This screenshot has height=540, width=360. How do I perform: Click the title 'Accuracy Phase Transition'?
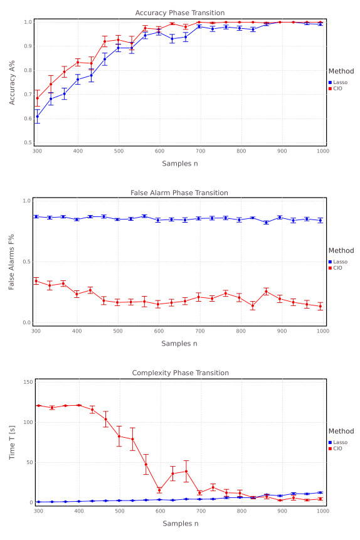pos(179,13)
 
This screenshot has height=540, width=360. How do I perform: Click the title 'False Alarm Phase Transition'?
pos(179,193)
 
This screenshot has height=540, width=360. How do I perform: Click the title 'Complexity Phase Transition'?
pos(179,373)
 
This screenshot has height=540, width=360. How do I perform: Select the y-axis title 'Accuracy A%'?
pos(12,82)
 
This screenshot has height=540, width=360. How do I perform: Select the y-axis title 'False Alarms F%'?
pos(12,262)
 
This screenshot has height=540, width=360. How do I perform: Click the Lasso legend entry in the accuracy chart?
pos(339,82)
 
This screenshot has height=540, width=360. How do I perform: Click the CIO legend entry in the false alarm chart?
pos(337,268)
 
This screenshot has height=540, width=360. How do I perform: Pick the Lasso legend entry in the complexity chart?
pos(339,442)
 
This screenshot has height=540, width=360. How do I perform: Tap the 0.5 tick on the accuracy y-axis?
pos(27,142)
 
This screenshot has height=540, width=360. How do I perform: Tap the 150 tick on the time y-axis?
pos(26,382)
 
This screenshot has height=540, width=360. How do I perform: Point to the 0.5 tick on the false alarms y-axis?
pos(27,262)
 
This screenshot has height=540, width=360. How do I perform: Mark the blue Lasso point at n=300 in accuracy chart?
pos(37,116)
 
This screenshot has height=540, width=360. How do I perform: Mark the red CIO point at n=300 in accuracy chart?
pos(37,98)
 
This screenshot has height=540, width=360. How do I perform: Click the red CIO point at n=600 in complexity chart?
pos(159,490)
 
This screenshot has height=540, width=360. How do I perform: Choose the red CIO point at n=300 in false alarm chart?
pos(36,280)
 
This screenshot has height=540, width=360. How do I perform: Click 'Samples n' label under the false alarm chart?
pos(179,343)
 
